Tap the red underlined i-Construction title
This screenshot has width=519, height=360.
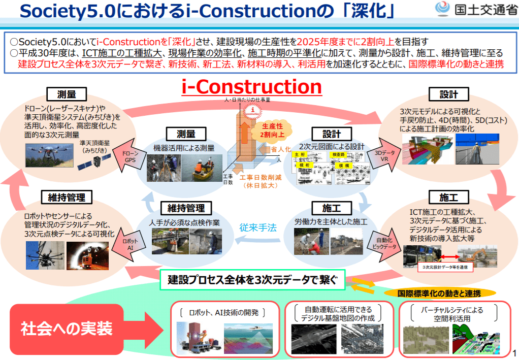(252, 87)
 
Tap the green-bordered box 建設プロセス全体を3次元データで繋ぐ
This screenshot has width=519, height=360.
(252, 279)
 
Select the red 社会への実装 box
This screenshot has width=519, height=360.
(67, 329)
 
